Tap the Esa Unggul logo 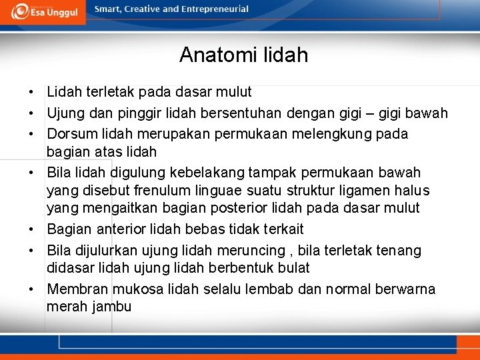pyautogui.click(x=43, y=11)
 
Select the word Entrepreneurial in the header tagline pyautogui.click(x=215, y=9)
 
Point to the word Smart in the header pyautogui.click(x=109, y=9)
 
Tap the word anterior pyautogui.click(x=121, y=229)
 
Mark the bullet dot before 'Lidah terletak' pyautogui.click(x=31, y=92)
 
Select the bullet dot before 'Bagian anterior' pyautogui.click(x=31, y=229)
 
